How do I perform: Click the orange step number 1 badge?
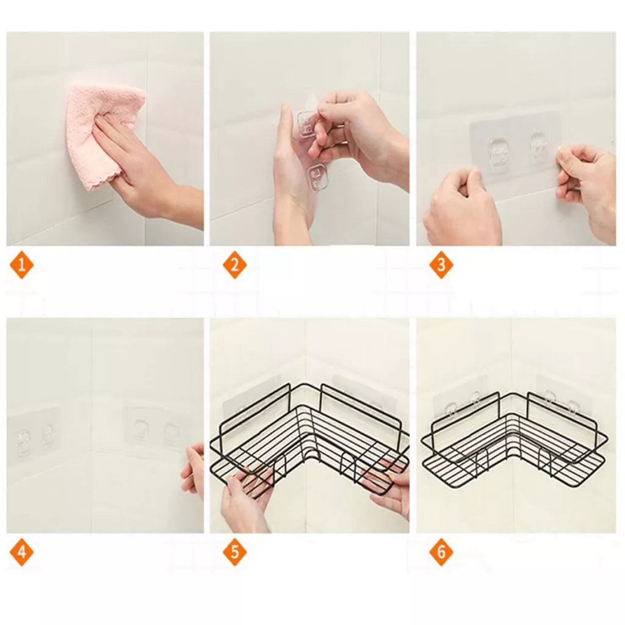click(21, 265)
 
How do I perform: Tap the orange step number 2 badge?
click(234, 265)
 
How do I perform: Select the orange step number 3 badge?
click(441, 265)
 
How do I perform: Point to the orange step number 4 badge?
click(21, 552)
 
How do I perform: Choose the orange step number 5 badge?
click(234, 552)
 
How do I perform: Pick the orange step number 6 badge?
click(441, 552)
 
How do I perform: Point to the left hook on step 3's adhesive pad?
click(499, 155)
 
